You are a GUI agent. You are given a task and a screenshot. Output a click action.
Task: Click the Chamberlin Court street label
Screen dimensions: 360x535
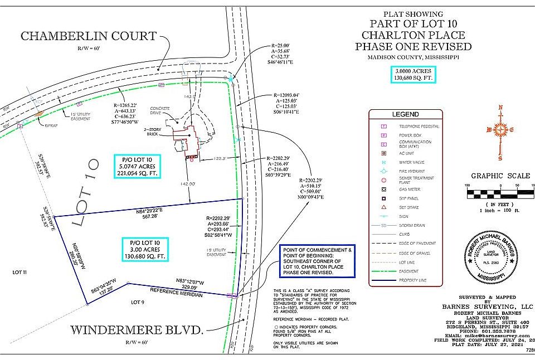coord(89,36)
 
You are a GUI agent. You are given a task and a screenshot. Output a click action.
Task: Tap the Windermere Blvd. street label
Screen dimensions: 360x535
coord(137,330)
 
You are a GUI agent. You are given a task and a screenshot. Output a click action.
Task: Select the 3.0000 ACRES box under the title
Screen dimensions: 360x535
coord(413,74)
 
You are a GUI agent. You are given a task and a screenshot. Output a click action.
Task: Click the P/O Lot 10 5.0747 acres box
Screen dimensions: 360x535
coord(137,166)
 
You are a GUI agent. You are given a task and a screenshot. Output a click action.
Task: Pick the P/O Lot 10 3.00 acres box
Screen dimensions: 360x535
coord(145,249)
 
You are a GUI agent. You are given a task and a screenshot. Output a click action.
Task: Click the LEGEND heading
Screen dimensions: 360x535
coord(405,114)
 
